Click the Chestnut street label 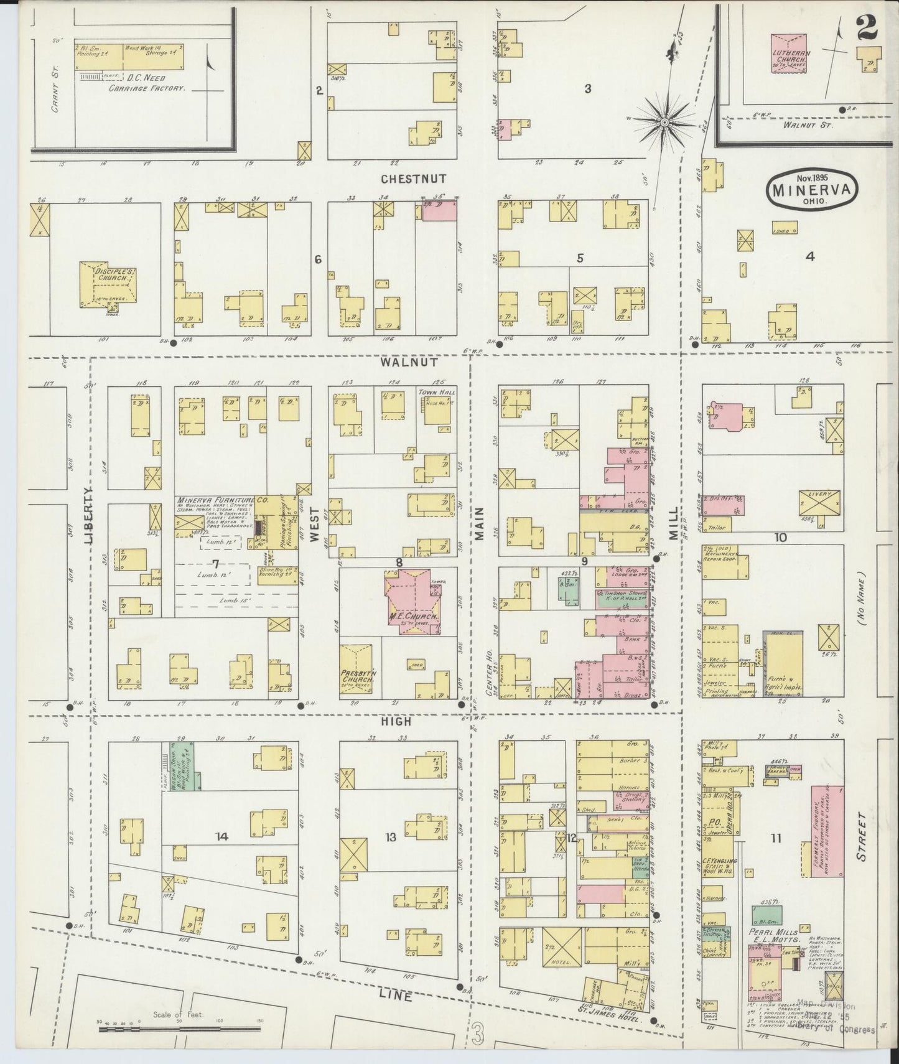tap(414, 179)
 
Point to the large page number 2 tap(867, 27)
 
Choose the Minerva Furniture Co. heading tap(215, 500)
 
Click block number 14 tap(222, 837)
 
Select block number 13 tap(390, 837)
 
